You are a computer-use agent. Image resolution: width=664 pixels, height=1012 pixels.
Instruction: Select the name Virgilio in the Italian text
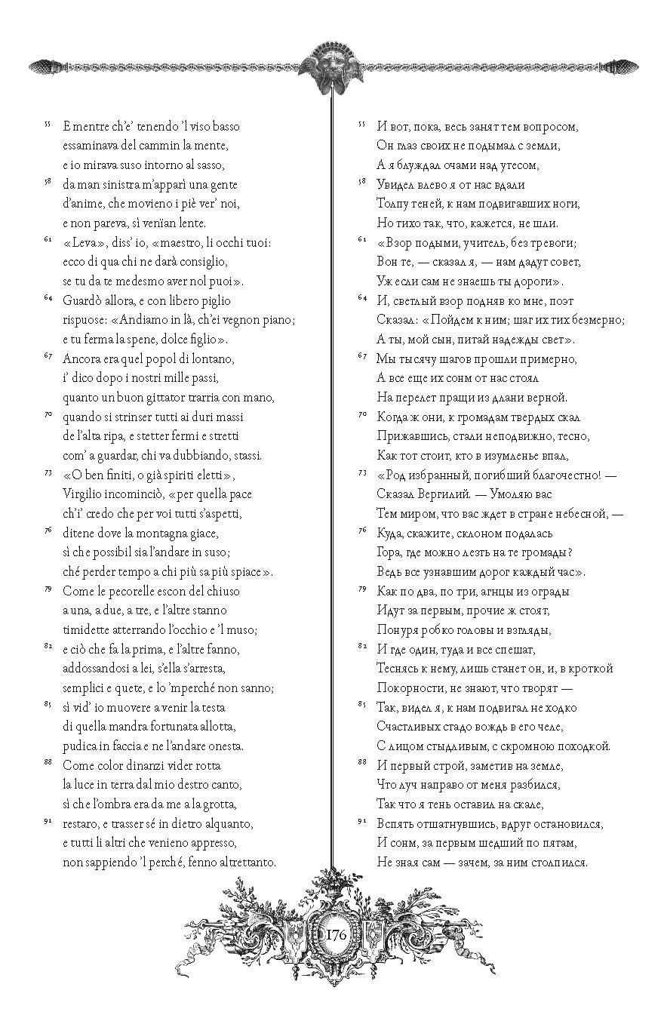(86, 494)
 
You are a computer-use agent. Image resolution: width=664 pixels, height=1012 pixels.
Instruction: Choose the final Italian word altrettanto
(245, 862)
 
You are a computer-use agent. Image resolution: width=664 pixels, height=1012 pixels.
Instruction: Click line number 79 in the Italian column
(47, 587)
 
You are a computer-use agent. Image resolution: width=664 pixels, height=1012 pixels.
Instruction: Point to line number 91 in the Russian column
(360, 820)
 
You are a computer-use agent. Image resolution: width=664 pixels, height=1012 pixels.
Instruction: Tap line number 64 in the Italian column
(47, 297)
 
